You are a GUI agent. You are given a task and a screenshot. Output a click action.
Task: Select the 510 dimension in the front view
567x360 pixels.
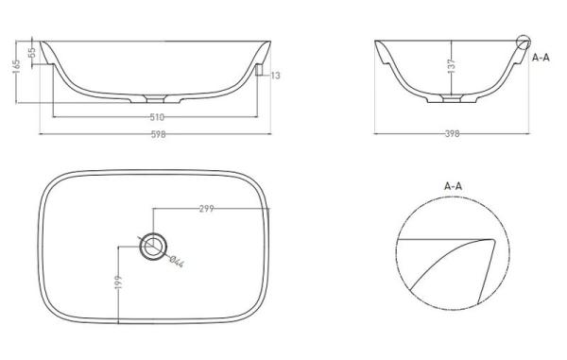coord(157,117)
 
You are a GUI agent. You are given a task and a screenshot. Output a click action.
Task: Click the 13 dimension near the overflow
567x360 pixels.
coord(275,75)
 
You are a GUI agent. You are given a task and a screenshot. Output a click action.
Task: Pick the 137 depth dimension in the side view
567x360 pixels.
coord(454,67)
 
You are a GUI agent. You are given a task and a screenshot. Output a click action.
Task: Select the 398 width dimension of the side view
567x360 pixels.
coord(452,134)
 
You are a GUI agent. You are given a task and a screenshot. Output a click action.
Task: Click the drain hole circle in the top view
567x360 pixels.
coord(151,248)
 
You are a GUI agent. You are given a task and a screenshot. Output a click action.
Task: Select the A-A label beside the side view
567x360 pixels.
coord(541,58)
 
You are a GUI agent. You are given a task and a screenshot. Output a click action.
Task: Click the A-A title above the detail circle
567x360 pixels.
coord(454,186)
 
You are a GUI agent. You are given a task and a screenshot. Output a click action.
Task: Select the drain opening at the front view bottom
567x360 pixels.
coord(157,98)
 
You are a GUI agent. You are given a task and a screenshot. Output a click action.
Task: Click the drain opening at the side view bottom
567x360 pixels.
coord(454,98)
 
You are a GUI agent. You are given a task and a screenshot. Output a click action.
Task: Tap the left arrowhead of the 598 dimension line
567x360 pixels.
coord(42,133)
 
